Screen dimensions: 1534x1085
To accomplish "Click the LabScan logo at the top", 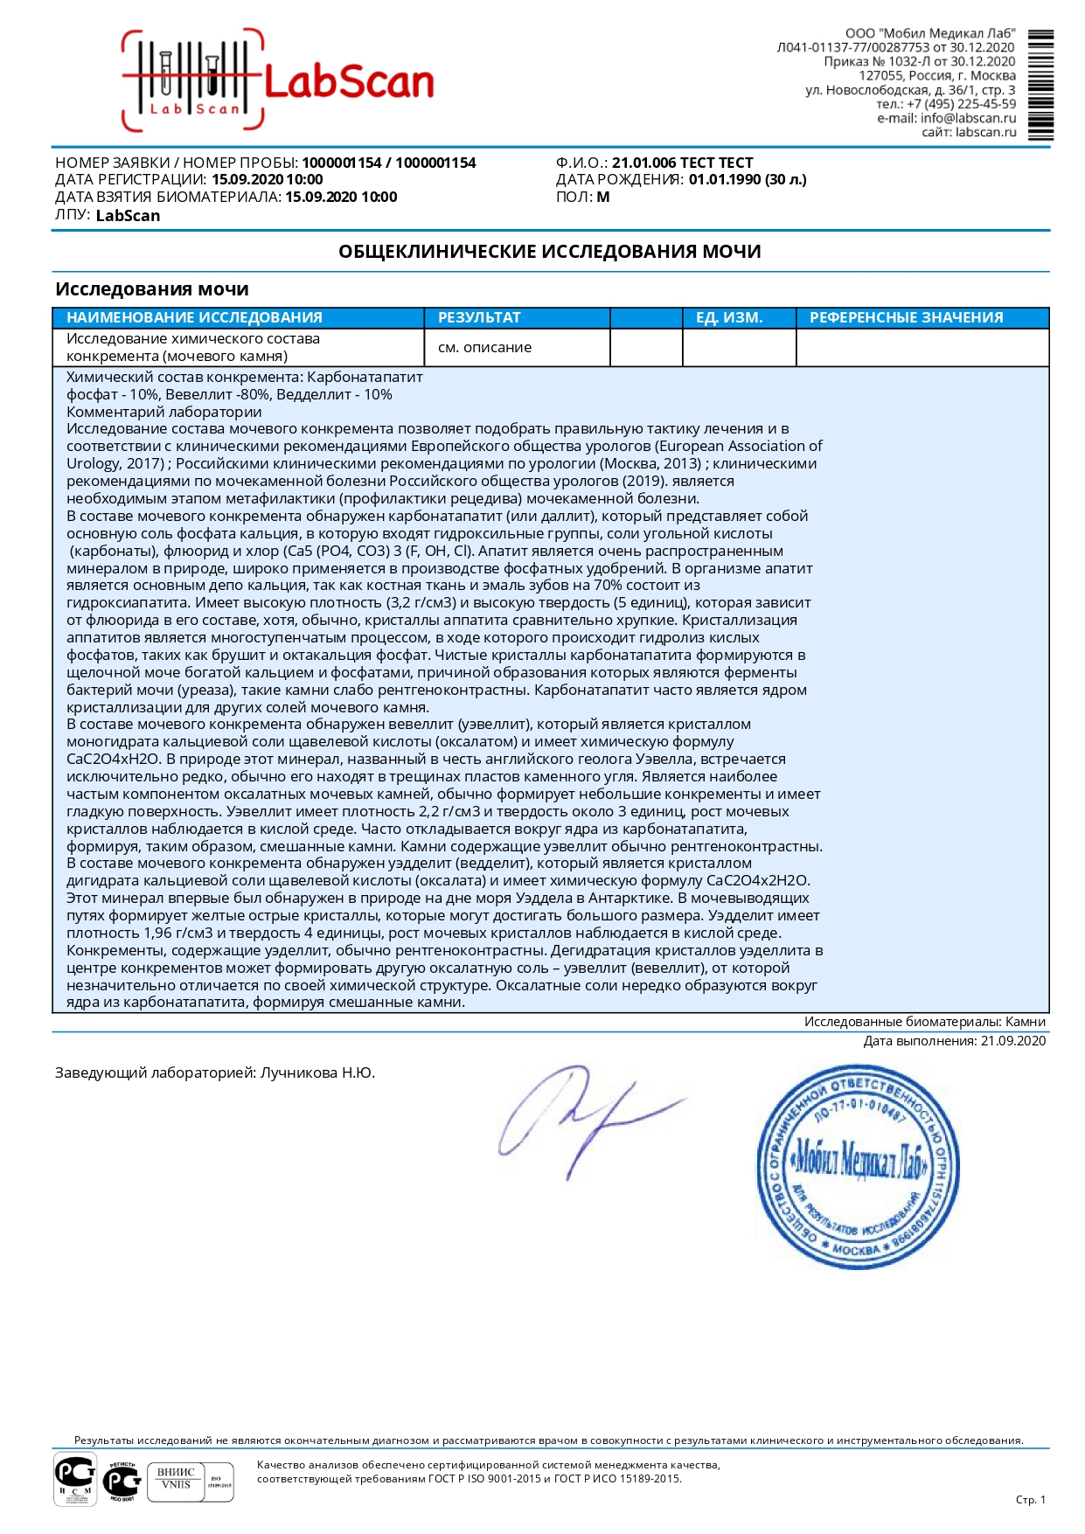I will click(x=278, y=81).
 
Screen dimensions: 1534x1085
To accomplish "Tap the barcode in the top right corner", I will click(x=1040, y=85).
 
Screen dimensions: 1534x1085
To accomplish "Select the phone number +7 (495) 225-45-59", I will click(x=961, y=104).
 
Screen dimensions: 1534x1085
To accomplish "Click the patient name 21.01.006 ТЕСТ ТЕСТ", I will click(x=682, y=163).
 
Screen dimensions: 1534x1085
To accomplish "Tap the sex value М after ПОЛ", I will click(x=603, y=197).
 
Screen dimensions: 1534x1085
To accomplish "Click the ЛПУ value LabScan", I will click(x=128, y=215).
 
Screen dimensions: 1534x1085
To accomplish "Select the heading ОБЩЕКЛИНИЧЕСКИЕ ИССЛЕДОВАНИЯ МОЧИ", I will click(x=550, y=252).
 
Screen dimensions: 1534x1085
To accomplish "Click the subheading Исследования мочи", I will click(x=152, y=289).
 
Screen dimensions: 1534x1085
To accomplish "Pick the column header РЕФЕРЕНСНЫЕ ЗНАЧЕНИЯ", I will click(x=906, y=317).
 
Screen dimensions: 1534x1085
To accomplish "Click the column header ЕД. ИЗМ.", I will click(x=729, y=317).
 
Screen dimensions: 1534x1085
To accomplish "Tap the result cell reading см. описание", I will click(x=484, y=347).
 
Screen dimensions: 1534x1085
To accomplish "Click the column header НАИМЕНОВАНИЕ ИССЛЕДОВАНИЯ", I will click(x=194, y=317).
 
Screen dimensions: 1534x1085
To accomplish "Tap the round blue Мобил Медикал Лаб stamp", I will click(x=858, y=1166).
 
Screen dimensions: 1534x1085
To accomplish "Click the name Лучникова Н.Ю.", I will click(x=317, y=1072).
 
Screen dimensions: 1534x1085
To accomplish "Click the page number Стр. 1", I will click(x=1030, y=1499).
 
